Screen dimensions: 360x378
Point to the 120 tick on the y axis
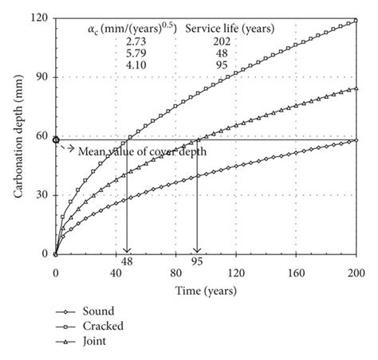[40, 18]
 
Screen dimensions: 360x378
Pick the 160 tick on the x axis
[296, 271]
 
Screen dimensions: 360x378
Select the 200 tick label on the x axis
[356, 271]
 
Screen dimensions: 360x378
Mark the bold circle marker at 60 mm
[55, 139]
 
